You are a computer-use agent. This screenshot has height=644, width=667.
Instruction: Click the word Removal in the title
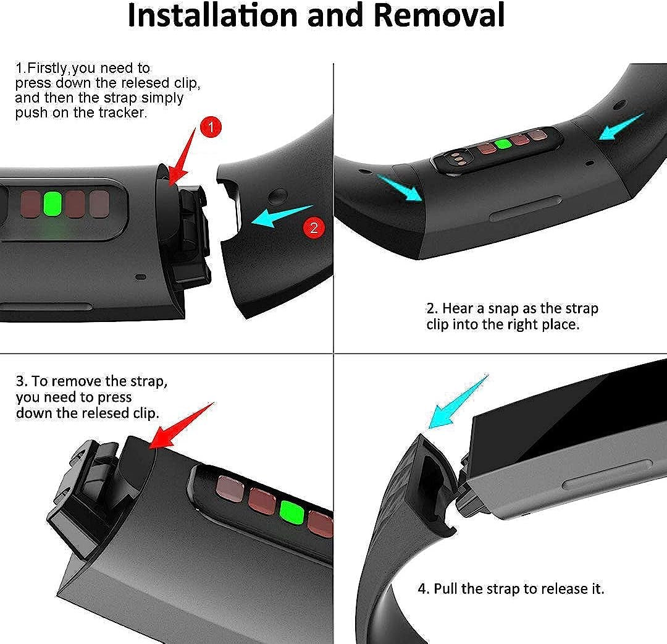[439, 15]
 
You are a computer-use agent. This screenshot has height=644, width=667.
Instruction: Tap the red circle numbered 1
[211, 127]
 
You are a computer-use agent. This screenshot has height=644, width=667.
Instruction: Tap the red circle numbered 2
[314, 228]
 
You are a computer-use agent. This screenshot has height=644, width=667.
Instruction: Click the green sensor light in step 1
[52, 204]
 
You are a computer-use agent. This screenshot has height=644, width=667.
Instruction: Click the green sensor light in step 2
[503, 144]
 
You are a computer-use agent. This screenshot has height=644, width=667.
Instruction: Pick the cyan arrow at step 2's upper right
[621, 127]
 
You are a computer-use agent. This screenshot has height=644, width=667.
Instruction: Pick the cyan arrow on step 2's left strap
[400, 188]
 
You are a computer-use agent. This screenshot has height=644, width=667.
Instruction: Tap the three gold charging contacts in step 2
[457, 158]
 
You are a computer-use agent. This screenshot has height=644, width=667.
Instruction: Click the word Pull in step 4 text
[445, 588]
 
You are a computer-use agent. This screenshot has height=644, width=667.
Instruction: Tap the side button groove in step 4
[608, 473]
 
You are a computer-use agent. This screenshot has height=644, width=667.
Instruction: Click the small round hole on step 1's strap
[276, 196]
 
